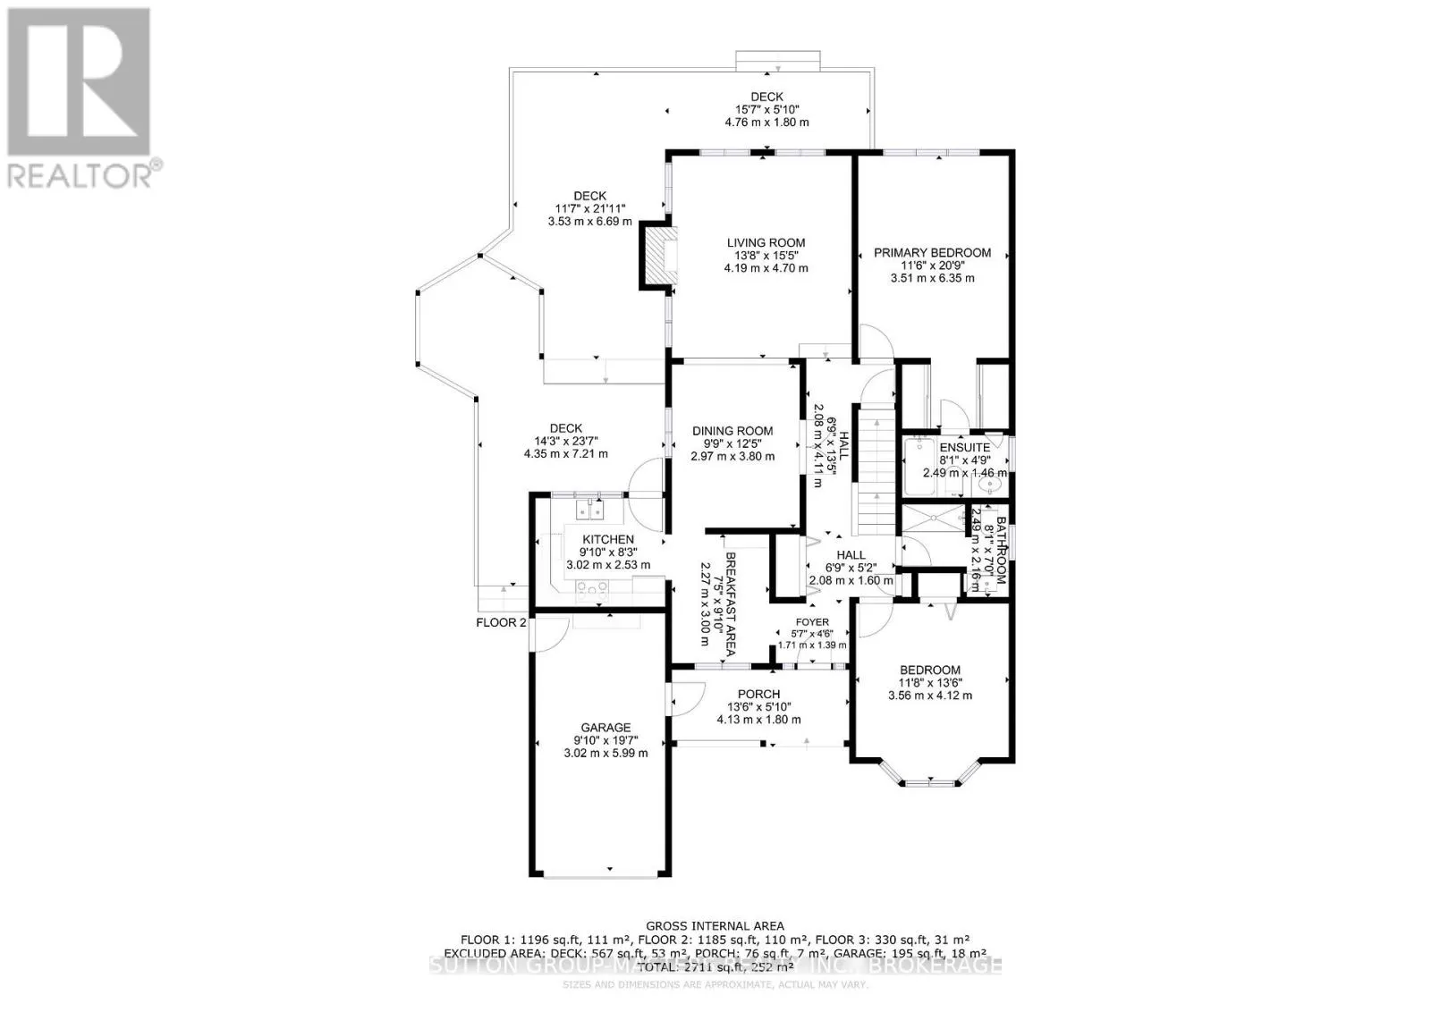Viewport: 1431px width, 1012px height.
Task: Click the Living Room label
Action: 766,242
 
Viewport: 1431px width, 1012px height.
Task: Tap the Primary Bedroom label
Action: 932,253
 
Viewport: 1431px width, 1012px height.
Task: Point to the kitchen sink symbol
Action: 589,510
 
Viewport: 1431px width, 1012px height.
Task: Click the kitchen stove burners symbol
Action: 591,587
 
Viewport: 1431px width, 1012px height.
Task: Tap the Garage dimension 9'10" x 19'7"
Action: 605,740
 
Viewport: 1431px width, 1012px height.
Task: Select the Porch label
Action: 758,694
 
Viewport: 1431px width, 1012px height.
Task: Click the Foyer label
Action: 812,622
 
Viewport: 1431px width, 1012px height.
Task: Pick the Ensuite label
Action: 964,447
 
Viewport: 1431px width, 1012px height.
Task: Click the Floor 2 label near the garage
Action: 501,622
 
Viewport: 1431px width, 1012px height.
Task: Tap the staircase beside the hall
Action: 876,469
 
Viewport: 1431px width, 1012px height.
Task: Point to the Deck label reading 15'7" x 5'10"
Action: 766,109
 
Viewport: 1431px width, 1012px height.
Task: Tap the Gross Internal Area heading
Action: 715,926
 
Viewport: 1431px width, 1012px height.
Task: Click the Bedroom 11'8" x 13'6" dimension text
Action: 929,683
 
